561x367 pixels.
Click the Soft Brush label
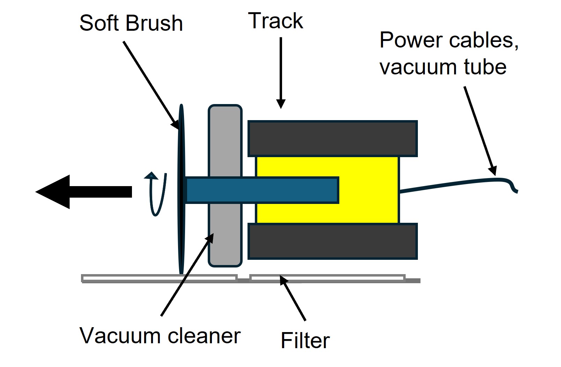coord(131,23)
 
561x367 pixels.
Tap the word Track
coord(275,21)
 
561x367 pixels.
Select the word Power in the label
coord(411,40)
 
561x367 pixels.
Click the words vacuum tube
coord(443,67)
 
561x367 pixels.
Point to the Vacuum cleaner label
coord(160,336)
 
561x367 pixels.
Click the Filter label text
coord(305,340)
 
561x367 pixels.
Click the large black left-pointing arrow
coord(84,192)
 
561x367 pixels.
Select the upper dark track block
coord(332,139)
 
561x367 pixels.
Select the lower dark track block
coord(332,241)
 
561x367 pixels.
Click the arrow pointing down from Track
coord(281,73)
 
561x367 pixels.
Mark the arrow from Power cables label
coord(480,131)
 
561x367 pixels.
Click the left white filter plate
coord(159,278)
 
